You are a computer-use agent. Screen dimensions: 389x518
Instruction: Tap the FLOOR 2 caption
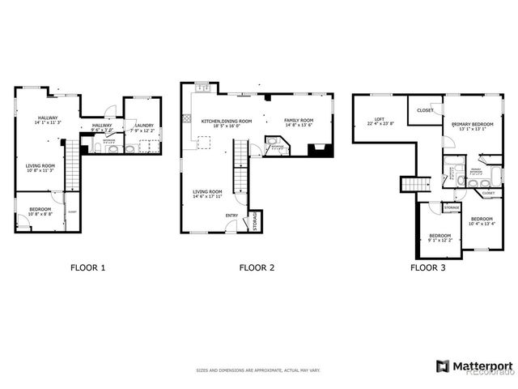coord(257,267)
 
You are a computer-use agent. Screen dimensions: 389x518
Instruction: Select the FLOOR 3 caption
coord(427,267)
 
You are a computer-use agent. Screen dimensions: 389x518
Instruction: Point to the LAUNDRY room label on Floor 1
coord(144,126)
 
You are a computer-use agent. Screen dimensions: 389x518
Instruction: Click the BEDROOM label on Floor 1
coord(40,209)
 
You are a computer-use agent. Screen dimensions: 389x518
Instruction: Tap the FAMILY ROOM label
coord(299,120)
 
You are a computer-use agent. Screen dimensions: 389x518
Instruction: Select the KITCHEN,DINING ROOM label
coord(227,121)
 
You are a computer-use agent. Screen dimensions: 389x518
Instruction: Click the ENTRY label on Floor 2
coord(231,216)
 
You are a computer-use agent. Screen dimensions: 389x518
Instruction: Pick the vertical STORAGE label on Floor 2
coord(255,220)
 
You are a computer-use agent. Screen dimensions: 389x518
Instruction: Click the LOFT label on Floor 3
coord(378,118)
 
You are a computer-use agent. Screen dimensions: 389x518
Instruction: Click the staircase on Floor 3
coord(414,185)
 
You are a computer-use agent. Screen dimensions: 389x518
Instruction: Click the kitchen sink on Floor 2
coord(206,88)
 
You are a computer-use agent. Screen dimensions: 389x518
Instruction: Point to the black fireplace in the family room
coord(320,149)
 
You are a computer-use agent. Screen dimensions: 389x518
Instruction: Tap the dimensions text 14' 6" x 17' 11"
coord(207,196)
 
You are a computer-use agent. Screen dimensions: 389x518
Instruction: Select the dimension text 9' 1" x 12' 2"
coord(441,241)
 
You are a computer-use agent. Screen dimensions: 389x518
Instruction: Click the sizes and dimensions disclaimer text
coord(257,370)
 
